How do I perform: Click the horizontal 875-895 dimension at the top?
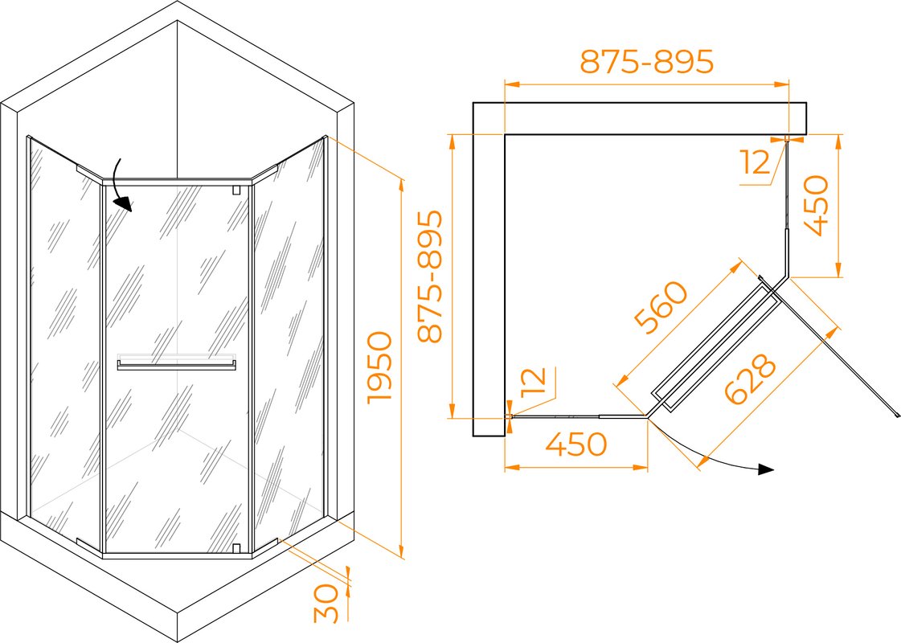(646, 61)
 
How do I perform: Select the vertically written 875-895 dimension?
(430, 276)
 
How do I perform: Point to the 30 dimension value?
(326, 604)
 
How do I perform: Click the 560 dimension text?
(661, 307)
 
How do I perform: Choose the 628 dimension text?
(751, 379)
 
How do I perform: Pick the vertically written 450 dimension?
(817, 206)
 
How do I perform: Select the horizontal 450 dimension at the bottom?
(575, 444)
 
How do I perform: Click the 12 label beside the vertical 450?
(756, 162)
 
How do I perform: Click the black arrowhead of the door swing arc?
(766, 469)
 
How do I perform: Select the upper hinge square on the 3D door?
(235, 190)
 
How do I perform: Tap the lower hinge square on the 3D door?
(235, 547)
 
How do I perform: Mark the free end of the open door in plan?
(896, 415)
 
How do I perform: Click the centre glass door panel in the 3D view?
(177, 369)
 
